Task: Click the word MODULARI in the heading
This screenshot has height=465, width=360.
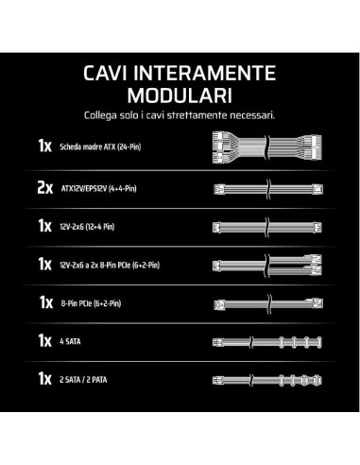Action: [180, 95]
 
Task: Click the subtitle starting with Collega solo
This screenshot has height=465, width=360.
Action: [180, 115]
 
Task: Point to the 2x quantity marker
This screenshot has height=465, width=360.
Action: [45, 188]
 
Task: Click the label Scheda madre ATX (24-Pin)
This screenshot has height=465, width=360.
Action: [100, 146]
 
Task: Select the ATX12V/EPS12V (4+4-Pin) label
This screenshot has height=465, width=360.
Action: [98, 189]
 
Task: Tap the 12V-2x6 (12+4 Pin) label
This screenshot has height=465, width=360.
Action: [87, 227]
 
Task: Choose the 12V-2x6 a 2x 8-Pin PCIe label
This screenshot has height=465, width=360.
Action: [110, 265]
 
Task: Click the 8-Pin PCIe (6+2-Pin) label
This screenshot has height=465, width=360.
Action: [91, 303]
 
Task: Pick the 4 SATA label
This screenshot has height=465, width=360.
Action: [70, 341]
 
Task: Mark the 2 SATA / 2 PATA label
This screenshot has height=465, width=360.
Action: [83, 380]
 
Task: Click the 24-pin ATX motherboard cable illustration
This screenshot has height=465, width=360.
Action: [267, 146]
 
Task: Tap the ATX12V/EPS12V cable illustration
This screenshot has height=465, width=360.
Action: [268, 189]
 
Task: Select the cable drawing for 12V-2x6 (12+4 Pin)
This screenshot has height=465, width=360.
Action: [267, 227]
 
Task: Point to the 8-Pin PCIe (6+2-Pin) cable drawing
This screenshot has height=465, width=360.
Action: [268, 303]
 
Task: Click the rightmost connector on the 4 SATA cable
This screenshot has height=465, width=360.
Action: [319, 342]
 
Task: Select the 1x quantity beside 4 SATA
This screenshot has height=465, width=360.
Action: [44, 340]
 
